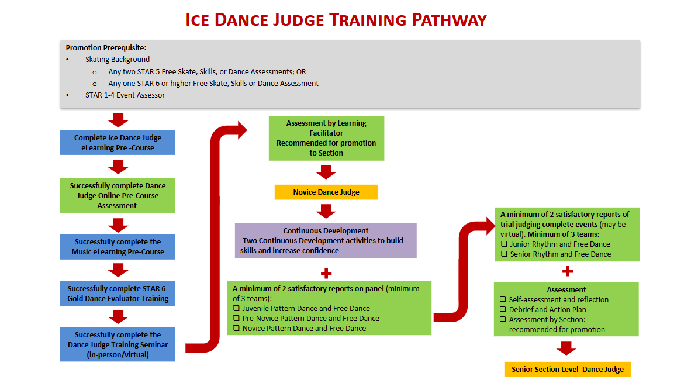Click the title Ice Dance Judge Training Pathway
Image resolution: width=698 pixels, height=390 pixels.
336,19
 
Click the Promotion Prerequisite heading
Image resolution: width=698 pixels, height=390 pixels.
106,47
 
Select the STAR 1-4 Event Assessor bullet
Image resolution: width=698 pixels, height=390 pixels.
125,95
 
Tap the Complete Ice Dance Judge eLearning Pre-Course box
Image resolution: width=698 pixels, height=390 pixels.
118,143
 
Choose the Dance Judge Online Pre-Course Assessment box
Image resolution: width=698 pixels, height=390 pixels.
118,195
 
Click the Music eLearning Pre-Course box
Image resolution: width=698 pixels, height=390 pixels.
118,247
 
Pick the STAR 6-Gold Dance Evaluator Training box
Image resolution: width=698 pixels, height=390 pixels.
118,294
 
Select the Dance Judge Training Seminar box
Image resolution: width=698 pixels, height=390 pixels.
118,344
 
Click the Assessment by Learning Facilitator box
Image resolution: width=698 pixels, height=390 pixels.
326,138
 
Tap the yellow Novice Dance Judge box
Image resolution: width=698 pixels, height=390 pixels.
326,192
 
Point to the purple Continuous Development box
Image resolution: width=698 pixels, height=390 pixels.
326,240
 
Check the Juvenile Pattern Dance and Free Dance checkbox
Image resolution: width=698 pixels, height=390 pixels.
237,308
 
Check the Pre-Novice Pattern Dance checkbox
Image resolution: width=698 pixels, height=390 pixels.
237,318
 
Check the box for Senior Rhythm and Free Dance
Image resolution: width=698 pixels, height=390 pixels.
504,254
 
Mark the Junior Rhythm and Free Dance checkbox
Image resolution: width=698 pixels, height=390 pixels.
504,244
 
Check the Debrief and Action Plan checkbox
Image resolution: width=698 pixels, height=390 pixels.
503,310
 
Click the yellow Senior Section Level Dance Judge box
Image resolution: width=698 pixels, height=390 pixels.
567,369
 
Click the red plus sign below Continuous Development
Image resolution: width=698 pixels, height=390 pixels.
326,273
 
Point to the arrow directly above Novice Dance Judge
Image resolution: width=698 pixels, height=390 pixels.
326,172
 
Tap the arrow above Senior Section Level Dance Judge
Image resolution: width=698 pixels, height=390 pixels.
566,348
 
